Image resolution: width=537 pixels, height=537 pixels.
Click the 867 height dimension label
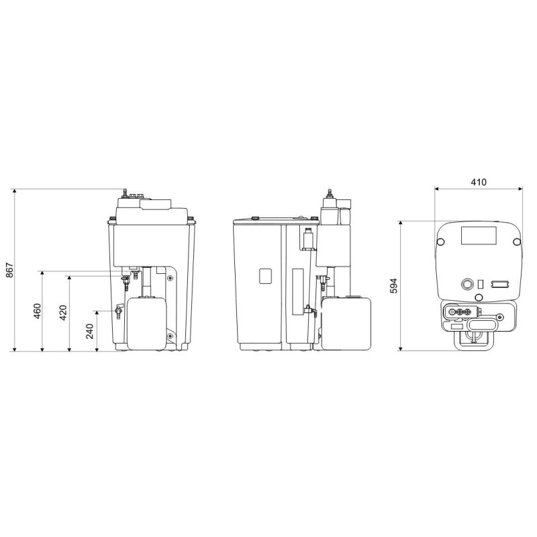click(10, 271)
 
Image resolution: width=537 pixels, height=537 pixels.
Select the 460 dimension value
click(38, 311)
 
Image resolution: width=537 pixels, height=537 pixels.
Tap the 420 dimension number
click(63, 313)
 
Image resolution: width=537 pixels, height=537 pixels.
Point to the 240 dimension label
click(90, 331)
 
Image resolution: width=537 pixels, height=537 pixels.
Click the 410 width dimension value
click(479, 182)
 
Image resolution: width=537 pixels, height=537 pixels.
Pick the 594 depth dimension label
click(394, 286)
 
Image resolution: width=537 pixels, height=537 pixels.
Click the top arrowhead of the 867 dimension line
click(14, 191)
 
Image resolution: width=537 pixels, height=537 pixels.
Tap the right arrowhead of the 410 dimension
click(520, 188)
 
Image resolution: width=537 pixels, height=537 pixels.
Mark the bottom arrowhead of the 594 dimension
click(400, 348)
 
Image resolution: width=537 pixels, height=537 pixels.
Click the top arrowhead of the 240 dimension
click(97, 313)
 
